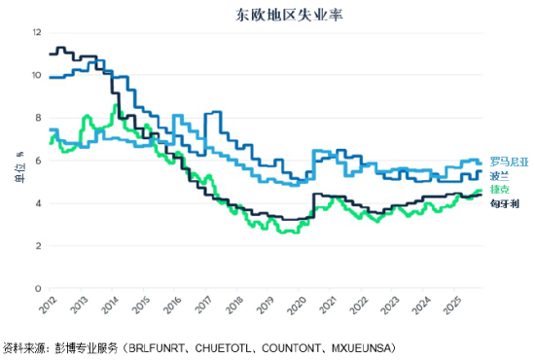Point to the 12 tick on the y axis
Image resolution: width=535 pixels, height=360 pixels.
37,32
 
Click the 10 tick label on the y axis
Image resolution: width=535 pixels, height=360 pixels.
37,75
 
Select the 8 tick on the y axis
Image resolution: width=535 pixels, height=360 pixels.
39,118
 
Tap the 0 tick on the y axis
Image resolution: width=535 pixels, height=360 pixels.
39,289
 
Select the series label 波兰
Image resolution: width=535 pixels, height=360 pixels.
499,175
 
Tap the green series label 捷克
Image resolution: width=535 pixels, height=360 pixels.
499,189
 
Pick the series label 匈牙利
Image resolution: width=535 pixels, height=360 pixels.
503,204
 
